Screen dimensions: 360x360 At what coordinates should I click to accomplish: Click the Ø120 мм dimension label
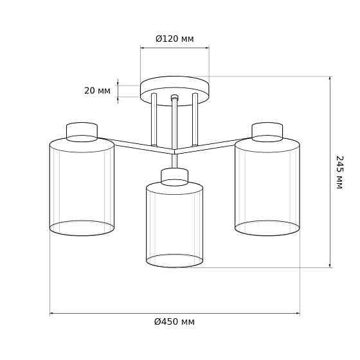(x=175, y=39)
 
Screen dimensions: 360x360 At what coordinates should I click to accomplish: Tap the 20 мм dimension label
(x=97, y=91)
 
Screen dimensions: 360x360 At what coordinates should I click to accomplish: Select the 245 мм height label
(x=339, y=172)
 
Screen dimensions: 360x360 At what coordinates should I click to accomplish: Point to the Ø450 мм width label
(x=174, y=321)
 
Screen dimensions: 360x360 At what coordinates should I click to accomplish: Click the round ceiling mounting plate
(x=175, y=91)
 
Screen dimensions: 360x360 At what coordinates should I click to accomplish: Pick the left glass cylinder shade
(x=82, y=186)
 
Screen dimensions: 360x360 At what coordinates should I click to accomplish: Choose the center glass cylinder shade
(x=174, y=224)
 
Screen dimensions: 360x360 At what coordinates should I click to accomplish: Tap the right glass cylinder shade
(x=267, y=186)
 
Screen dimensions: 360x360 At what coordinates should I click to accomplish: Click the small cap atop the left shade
(x=82, y=132)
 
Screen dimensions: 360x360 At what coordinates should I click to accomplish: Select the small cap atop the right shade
(x=267, y=132)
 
